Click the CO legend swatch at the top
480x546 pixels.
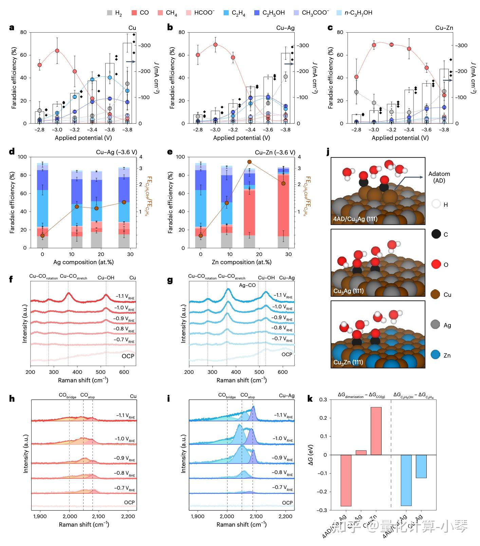134,13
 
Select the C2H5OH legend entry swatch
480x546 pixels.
257,13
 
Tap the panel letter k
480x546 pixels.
310,398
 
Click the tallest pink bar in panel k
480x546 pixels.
376,431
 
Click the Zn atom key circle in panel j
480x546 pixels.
436,355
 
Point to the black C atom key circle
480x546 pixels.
436,234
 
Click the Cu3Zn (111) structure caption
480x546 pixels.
348,362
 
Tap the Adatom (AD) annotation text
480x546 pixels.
439,177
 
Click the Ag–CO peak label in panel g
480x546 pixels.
247,285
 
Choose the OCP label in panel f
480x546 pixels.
128,356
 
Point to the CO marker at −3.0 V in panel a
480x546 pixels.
57,51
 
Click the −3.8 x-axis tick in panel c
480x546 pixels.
444,130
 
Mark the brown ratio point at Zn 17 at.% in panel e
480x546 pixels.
250,162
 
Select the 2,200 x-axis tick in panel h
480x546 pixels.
128,516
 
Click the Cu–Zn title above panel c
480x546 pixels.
444,28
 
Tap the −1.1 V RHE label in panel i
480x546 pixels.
282,415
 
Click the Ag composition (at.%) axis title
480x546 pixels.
83,262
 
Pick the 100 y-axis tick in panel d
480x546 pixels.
22,157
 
